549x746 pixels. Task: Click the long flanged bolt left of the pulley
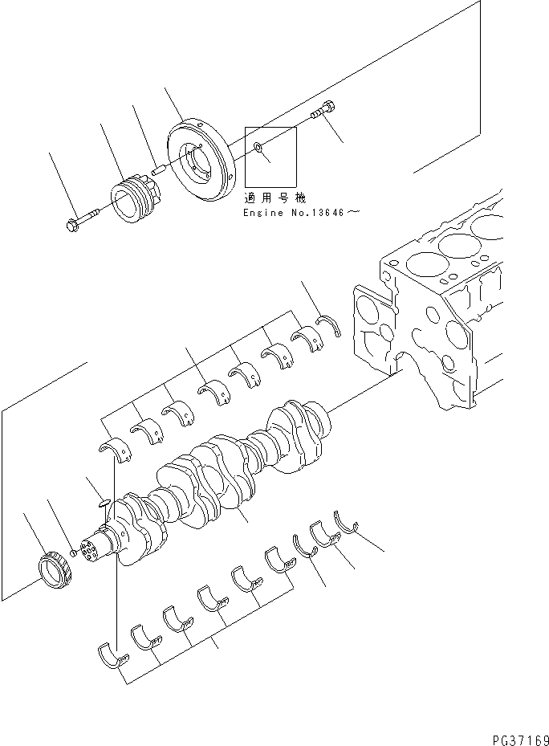click(79, 218)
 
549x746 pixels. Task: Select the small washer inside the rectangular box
click(256, 147)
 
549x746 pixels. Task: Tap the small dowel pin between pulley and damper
click(159, 169)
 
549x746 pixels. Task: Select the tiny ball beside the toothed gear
click(73, 552)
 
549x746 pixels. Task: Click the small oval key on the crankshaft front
click(100, 504)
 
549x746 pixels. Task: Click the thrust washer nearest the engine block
click(328, 324)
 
